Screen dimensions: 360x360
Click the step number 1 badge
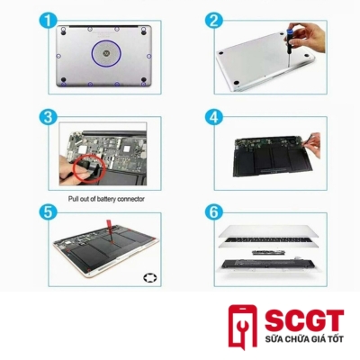48,21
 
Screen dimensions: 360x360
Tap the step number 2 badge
214,21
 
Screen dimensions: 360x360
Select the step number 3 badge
48,117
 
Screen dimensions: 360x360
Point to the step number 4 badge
214,117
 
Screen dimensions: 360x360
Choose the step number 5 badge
48,211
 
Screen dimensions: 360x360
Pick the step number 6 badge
214,211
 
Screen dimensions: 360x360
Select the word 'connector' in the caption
130,199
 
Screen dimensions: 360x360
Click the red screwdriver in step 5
110,231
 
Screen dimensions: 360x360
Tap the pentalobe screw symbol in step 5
149,278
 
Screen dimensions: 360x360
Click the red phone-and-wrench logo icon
243,327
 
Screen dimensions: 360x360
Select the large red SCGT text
304,320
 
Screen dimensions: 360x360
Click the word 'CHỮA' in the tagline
294,339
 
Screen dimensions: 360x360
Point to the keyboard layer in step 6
268,241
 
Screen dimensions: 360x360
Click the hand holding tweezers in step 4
310,146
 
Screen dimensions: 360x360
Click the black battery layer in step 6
268,264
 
